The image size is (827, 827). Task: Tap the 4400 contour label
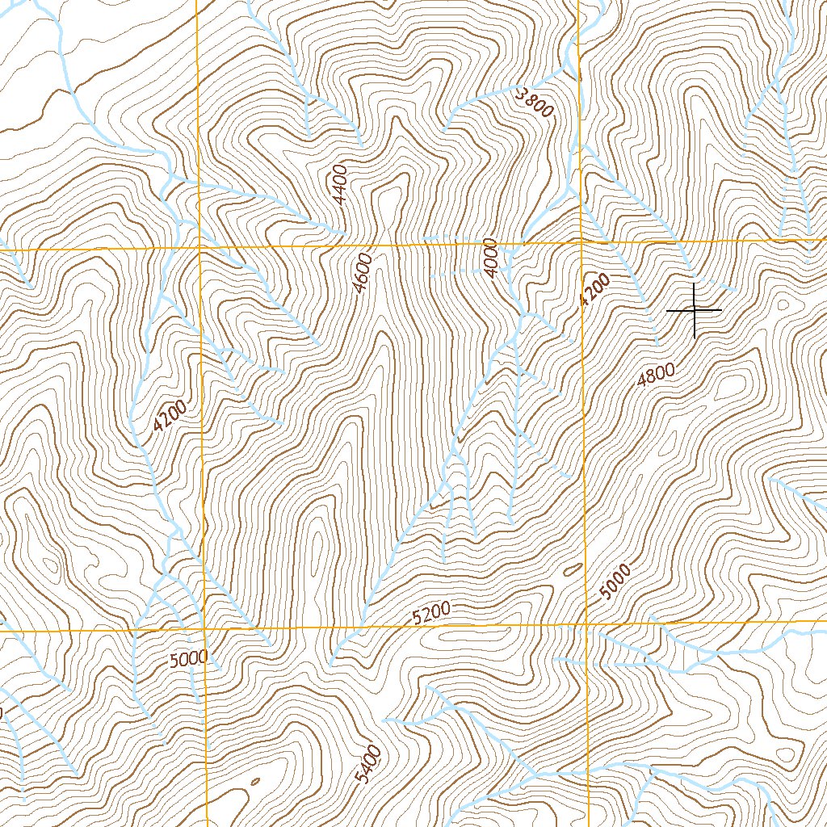click(338, 184)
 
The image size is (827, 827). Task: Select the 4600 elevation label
click(363, 272)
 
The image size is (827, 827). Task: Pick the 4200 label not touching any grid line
click(170, 417)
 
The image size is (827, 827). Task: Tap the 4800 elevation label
click(655, 374)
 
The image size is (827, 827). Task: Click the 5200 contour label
click(430, 615)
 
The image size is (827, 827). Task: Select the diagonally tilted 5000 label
click(615, 583)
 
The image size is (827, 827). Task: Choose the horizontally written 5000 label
click(189, 659)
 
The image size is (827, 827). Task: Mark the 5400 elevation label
click(367, 764)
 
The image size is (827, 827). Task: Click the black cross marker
click(695, 310)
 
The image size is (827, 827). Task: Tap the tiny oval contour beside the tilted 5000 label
click(573, 569)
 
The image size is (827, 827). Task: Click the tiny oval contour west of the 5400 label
click(254, 782)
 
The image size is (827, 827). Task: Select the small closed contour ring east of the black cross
click(782, 304)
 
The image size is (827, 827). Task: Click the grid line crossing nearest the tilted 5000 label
click(586, 624)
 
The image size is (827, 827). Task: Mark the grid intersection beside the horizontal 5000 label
click(204, 628)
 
